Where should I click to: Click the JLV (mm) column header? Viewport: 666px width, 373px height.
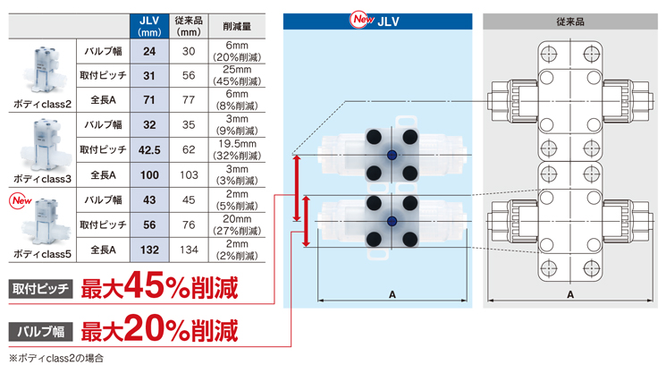click(149, 26)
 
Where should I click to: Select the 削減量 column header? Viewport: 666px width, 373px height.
click(237, 26)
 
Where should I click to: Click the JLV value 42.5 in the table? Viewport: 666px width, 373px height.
click(149, 150)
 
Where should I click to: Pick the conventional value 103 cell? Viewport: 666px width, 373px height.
click(189, 175)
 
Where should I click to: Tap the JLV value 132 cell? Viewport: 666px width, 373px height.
click(149, 250)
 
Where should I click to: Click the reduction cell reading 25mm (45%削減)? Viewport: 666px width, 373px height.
click(237, 76)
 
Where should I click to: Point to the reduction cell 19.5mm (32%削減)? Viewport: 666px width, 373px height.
click(237, 150)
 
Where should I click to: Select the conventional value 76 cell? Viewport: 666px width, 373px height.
click(189, 225)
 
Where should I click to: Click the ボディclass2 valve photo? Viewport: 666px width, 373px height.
click(44, 70)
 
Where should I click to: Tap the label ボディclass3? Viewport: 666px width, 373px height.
click(43, 179)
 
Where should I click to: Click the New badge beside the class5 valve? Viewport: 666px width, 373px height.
click(21, 200)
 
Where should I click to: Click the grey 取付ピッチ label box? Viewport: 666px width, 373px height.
click(41, 289)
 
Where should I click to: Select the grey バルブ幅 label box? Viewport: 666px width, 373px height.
click(41, 331)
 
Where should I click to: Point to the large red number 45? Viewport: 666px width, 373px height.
click(145, 285)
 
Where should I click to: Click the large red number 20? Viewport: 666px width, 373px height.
click(145, 328)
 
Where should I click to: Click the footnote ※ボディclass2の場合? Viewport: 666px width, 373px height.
click(56, 358)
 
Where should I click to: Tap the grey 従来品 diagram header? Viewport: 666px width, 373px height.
click(570, 21)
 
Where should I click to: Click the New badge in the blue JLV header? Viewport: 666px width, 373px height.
click(361, 20)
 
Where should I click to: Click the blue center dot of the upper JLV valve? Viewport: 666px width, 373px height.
click(392, 155)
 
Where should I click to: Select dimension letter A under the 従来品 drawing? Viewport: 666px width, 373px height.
click(570, 294)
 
